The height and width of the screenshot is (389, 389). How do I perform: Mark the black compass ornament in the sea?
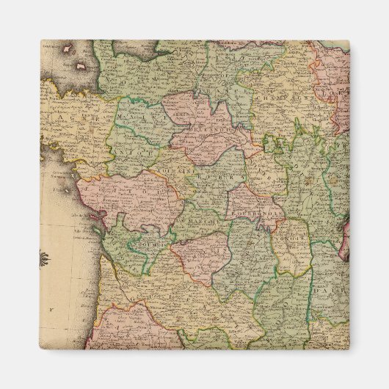click(45, 258)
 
